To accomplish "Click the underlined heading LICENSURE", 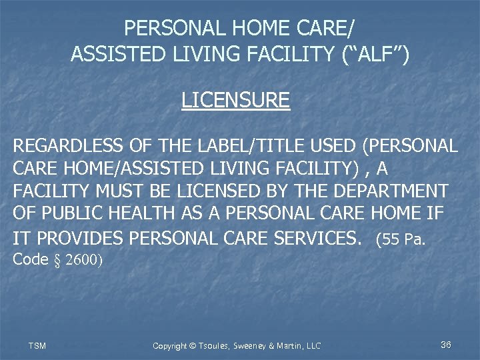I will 235,100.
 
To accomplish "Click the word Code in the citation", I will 31,259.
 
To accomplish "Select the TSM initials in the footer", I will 37,345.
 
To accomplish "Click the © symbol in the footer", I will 194,345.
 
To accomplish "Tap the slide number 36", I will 446,345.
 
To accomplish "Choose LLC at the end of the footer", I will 312,345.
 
